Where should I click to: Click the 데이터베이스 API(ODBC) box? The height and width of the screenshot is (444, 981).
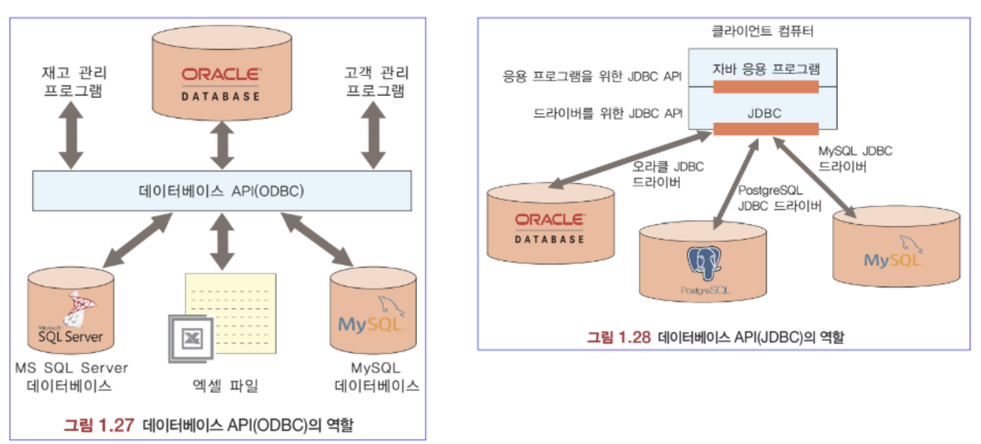coord(222,191)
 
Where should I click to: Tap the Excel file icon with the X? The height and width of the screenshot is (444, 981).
coord(191,338)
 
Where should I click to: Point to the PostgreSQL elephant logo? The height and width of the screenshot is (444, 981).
coord(704,263)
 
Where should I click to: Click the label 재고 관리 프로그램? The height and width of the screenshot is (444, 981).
coord(73,81)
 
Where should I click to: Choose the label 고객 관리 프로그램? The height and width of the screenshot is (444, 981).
coord(376,81)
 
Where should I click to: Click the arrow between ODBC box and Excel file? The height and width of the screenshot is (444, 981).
coord(222,241)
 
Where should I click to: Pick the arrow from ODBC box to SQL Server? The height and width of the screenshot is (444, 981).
coord(137,240)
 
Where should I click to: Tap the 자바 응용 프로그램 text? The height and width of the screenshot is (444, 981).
coord(765,69)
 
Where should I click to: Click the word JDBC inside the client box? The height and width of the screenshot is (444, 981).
coord(764,113)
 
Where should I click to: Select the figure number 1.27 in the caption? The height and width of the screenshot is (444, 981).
coord(116,425)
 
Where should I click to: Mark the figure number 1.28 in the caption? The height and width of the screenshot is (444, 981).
coord(634,337)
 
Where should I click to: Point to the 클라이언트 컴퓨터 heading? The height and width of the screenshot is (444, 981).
coord(762,31)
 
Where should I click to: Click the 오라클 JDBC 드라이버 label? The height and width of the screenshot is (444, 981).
coord(667,174)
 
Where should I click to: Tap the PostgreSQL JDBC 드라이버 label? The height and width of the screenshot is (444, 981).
coord(778,198)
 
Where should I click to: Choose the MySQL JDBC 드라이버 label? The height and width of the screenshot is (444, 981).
coord(855,159)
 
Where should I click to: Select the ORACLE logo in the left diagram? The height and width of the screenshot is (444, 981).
coord(221,75)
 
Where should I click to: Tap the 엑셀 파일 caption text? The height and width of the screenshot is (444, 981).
coord(225,386)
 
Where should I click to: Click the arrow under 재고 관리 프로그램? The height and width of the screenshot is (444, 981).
coord(71,135)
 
